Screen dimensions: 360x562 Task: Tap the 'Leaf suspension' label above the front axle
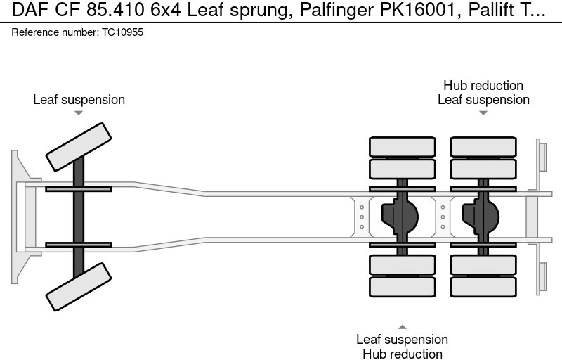click(x=79, y=100)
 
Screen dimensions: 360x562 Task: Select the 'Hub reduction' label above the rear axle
click(x=483, y=86)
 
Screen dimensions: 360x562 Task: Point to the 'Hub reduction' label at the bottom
click(x=402, y=354)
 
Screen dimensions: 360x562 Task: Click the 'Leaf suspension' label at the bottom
click(x=402, y=340)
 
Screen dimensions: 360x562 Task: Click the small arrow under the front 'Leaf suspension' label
click(x=79, y=112)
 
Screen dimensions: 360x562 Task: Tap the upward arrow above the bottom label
click(x=402, y=327)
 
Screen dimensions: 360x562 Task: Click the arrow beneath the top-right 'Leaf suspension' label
click(x=483, y=112)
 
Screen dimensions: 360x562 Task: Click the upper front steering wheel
click(x=79, y=146)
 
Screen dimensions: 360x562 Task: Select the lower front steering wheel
click(x=79, y=286)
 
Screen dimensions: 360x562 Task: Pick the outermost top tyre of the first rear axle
click(x=402, y=146)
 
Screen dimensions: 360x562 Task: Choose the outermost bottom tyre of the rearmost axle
click(x=483, y=286)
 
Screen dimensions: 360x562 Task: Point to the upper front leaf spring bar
click(x=79, y=188)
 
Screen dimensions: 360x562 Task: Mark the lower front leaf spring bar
click(x=79, y=245)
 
